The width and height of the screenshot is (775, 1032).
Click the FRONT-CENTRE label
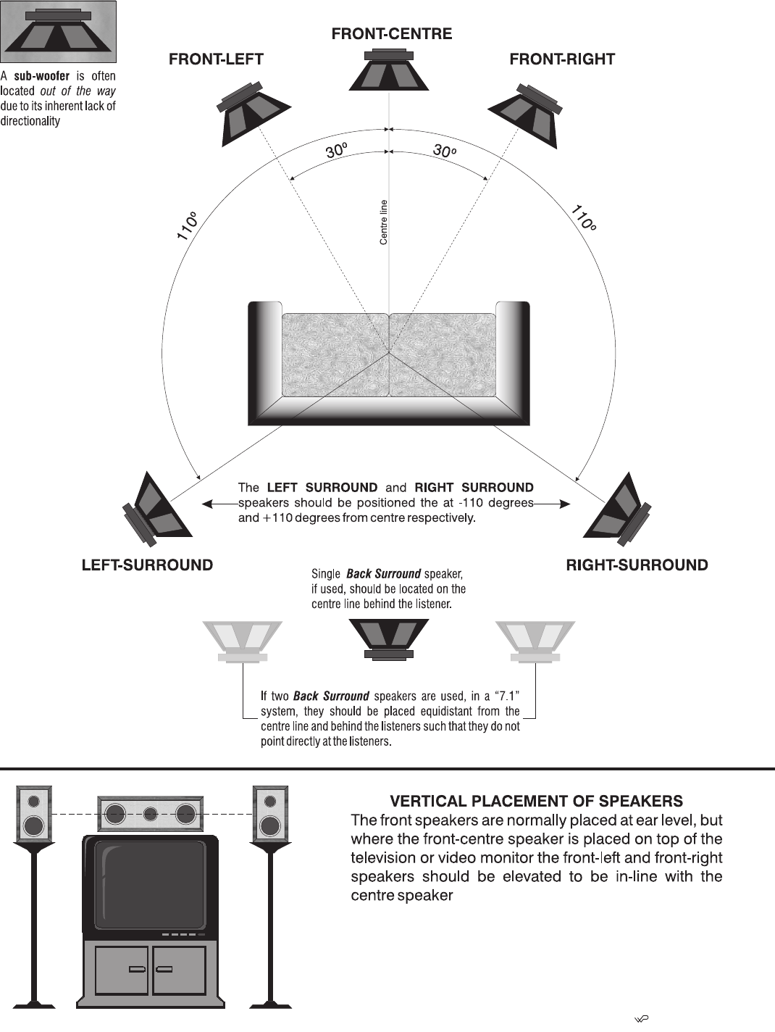pyautogui.click(x=391, y=34)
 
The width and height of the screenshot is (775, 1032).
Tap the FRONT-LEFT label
pyautogui.click(x=216, y=60)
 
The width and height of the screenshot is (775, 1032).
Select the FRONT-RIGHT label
pyautogui.click(x=562, y=60)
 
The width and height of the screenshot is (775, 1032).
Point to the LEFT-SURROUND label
pyautogui.click(x=147, y=565)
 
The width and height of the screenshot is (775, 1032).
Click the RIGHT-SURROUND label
pyautogui.click(x=637, y=565)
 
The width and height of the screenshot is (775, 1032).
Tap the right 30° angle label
pyautogui.click(x=445, y=151)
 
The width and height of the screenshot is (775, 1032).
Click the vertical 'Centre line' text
pyautogui.click(x=384, y=222)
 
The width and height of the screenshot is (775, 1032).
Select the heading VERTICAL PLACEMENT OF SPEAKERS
pyautogui.click(x=536, y=802)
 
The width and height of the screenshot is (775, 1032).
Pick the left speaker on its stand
pyautogui.click(x=34, y=815)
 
